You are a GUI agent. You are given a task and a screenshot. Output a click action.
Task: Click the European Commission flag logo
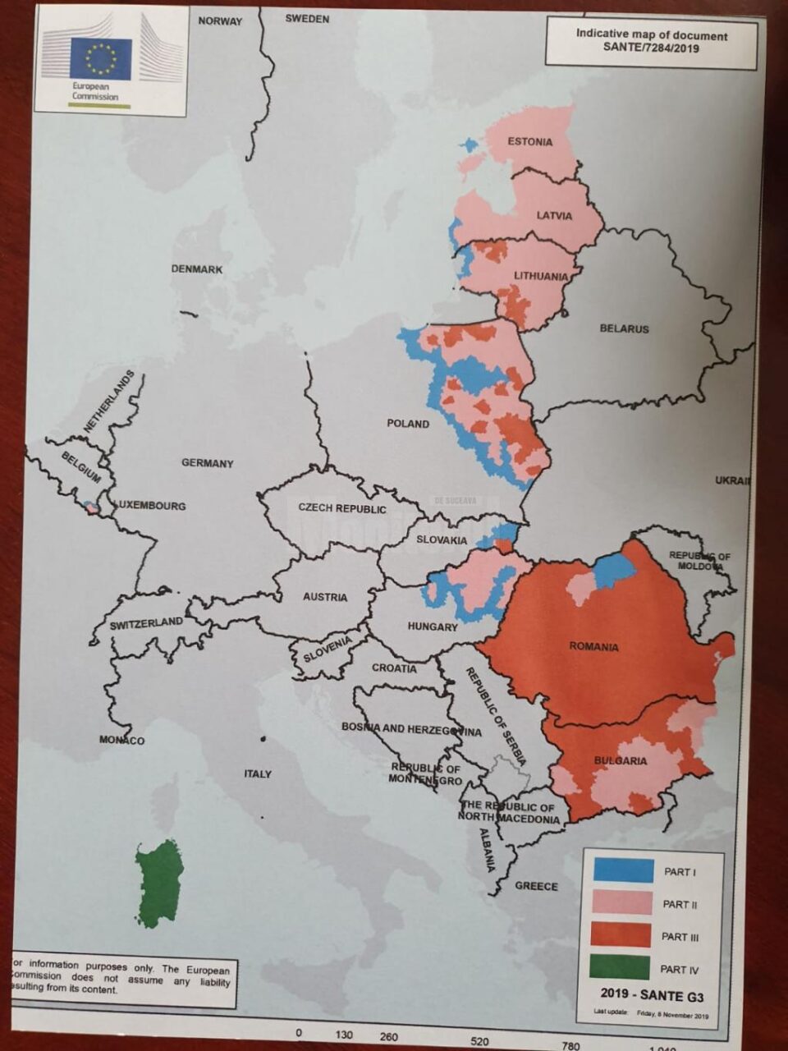pos(101,58)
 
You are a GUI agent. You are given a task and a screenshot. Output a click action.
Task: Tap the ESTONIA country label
pos(529,141)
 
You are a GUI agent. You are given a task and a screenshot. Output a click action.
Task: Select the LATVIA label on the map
pos(554,215)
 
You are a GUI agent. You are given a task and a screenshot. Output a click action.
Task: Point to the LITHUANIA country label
pos(540,276)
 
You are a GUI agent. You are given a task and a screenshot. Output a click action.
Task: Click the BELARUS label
pos(624,328)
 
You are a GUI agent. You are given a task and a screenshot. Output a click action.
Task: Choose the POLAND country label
pos(408,424)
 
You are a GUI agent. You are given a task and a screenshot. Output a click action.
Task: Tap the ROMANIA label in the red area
pos(593,647)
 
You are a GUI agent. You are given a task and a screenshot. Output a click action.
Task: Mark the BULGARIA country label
pos(620,761)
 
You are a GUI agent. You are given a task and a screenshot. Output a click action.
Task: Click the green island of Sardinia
pos(158,883)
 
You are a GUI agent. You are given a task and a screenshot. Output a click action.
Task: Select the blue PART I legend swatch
pos(621,870)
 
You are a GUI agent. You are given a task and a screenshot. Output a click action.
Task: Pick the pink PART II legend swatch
pos(621,903)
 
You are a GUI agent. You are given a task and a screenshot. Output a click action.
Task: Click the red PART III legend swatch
pos(621,935)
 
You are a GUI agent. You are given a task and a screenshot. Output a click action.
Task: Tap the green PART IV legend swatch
pos(621,967)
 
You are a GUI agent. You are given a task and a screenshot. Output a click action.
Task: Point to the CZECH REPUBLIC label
pos(341,508)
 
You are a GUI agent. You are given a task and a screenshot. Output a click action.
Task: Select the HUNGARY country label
pos(433,627)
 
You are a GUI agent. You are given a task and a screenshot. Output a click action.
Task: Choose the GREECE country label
pos(536,886)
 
